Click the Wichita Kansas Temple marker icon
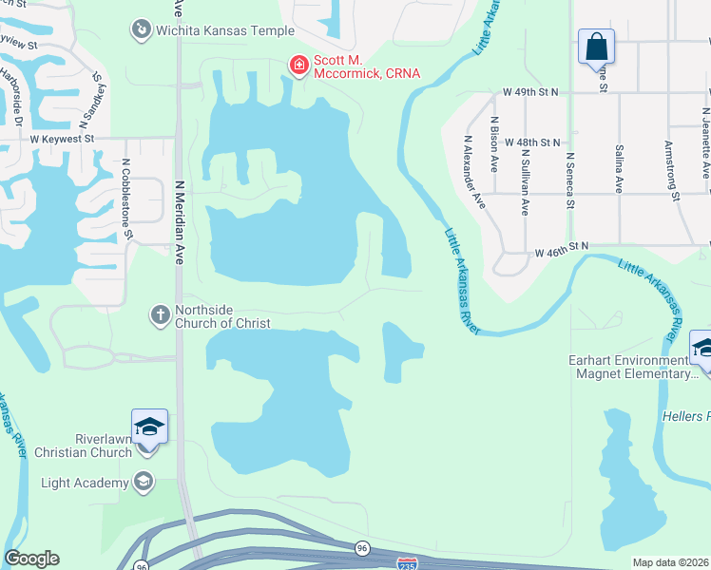pos(142,30)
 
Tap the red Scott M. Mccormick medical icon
pos(298,66)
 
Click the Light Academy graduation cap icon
pos(144,482)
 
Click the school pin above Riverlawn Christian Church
pos(149,426)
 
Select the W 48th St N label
pos(532,142)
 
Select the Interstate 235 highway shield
pos(407,563)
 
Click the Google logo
pos(31,559)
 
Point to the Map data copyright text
pos(670,562)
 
